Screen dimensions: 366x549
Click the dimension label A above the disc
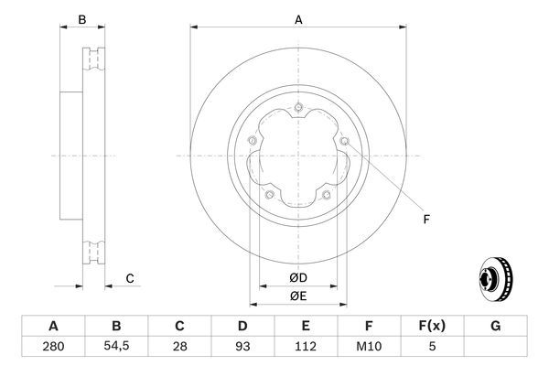[298, 18]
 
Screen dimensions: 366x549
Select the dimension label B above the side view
[81, 19]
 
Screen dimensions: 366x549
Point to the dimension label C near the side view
[130, 279]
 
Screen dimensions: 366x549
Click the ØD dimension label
[298, 277]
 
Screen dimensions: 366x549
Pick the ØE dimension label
[298, 296]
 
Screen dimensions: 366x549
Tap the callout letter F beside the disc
[426, 218]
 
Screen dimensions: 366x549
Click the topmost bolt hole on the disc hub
[298, 109]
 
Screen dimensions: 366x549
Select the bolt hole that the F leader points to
[344, 142]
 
